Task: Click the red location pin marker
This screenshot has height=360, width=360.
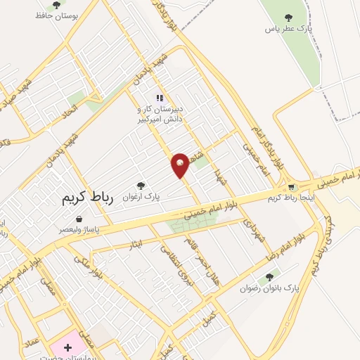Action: (x=181, y=165)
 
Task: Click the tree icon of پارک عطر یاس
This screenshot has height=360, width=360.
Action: (x=287, y=17)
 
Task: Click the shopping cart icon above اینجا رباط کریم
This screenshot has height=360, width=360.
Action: (x=291, y=187)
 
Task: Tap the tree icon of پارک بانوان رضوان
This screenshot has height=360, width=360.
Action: (x=269, y=276)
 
